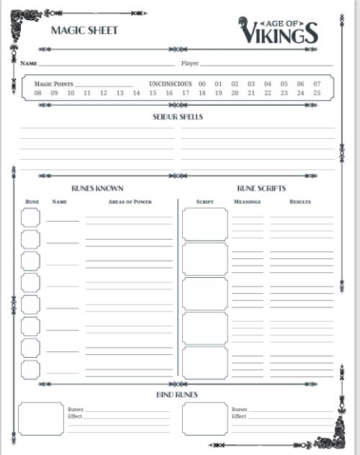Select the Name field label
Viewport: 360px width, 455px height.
tap(28, 63)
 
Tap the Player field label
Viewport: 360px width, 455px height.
tap(189, 63)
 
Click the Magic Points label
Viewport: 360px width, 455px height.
tap(54, 84)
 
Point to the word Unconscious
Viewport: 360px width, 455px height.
tap(171, 84)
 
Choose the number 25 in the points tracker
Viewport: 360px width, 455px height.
tap(317, 93)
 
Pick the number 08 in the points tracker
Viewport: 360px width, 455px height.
tap(37, 93)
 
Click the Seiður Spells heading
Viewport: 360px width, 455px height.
tap(177, 117)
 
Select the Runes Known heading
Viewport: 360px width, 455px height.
tap(97, 189)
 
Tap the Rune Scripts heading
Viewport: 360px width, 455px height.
tap(261, 189)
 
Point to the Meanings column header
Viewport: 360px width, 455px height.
tap(247, 202)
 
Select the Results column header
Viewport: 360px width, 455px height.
tap(300, 202)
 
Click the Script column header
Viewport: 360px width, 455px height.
tap(205, 202)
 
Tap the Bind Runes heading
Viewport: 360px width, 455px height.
tap(177, 395)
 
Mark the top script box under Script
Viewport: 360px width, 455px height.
tap(204, 224)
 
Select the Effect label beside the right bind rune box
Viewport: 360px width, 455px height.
tap(238, 416)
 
